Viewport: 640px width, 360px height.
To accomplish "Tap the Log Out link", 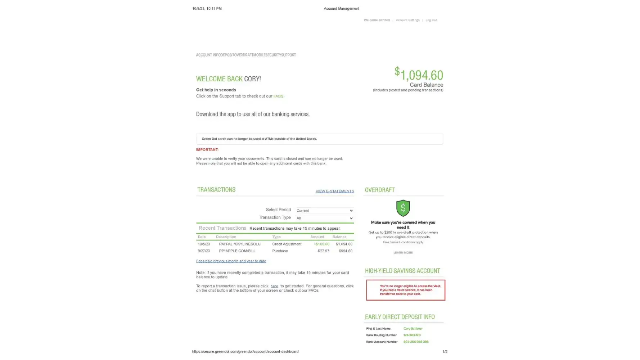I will pos(431,20).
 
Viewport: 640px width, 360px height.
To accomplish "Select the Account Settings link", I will pos(407,20).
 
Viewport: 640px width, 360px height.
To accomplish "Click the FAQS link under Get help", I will pos(278,96).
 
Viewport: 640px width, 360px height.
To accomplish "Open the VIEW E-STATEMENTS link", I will pos(334,191).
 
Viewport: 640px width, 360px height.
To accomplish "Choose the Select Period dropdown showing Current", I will pos(324,211).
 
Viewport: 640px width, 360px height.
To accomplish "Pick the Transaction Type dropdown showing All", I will pos(324,218).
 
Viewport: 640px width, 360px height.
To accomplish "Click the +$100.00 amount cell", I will pos(321,244).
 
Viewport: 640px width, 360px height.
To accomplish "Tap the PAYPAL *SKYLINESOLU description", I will pos(239,244).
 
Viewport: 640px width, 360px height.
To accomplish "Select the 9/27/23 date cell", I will pos(204,251).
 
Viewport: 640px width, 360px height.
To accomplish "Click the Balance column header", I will pos(339,237).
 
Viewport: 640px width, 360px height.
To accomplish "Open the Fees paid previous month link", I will pos(231,261).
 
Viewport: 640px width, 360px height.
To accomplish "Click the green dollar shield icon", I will pos(403,208).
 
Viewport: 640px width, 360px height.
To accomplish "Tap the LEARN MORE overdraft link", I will pos(403,253).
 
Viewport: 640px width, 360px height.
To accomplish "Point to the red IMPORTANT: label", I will pos(207,150).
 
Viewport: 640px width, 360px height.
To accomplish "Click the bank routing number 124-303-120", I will pos(412,335).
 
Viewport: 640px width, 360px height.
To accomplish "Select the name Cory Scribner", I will pos(413,329).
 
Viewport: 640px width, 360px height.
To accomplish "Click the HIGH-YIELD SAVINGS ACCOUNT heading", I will pos(402,271).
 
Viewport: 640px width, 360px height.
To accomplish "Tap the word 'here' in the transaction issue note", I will pos(274,286).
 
